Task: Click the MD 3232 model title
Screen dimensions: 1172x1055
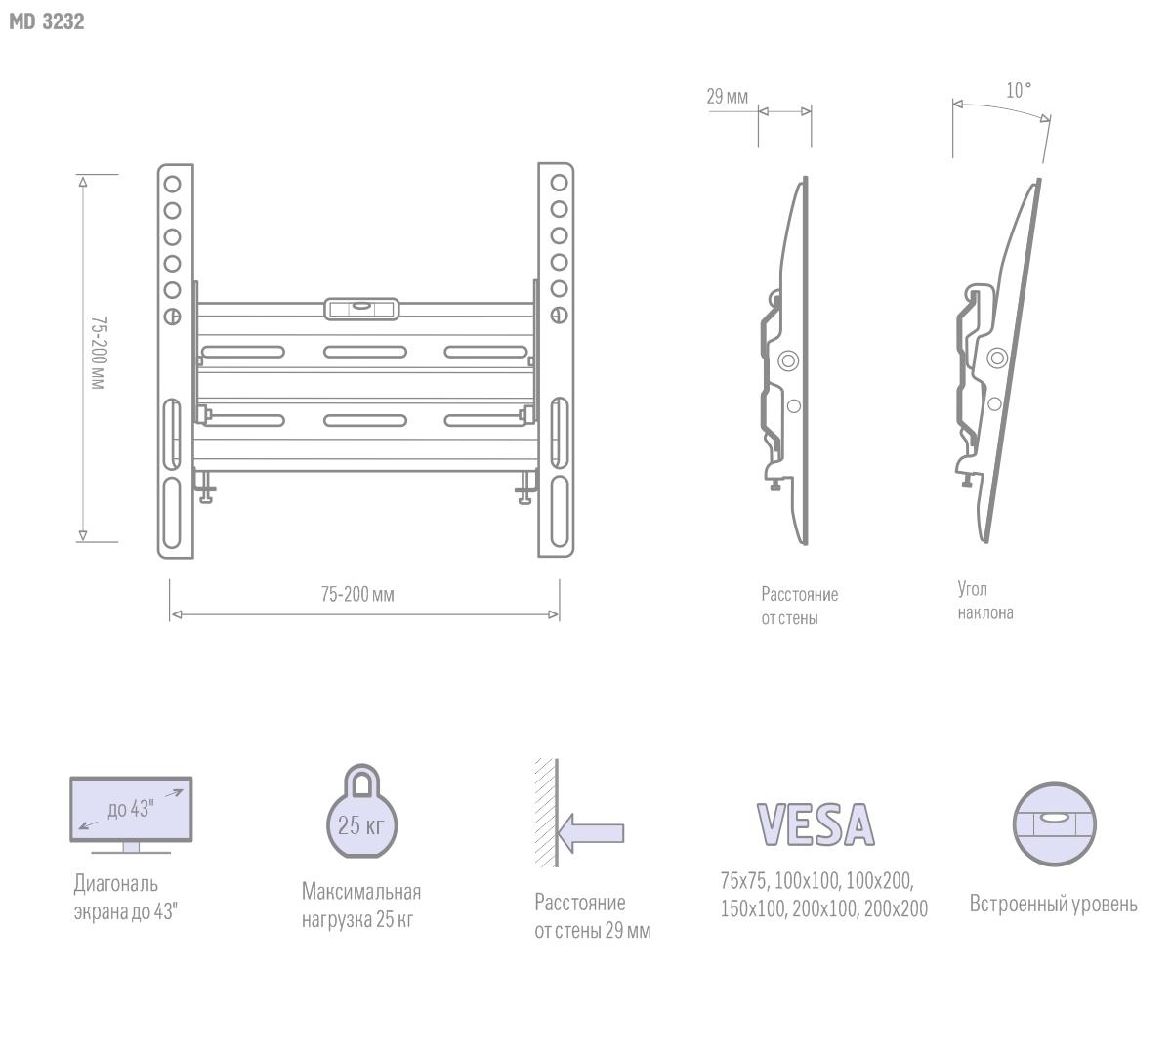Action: [x=47, y=21]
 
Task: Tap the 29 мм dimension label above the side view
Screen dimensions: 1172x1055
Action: [x=727, y=96]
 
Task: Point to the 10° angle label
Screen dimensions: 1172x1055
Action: [x=1019, y=90]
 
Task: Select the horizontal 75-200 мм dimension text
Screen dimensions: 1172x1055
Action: [x=357, y=595]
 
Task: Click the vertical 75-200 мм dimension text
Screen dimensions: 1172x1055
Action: [x=98, y=353]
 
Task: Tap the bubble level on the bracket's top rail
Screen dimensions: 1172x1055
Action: [x=361, y=309]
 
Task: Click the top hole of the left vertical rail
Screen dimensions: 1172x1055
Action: [x=172, y=184]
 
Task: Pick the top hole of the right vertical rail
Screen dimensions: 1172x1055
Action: [x=559, y=183]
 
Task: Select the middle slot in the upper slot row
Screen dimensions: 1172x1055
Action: [x=365, y=352]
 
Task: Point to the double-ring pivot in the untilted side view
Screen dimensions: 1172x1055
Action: [x=788, y=360]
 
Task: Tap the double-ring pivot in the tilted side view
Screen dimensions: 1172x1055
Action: [x=997, y=358]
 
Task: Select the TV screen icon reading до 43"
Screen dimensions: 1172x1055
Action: [x=131, y=815]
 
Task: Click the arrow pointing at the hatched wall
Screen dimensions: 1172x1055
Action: [x=591, y=833]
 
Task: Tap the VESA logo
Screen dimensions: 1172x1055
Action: [x=816, y=824]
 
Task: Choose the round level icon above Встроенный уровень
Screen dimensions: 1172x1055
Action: [x=1054, y=824]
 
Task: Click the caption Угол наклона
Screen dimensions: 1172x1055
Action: [x=985, y=601]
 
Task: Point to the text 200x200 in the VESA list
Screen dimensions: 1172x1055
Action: [x=896, y=908]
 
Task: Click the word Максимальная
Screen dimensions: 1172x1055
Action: [x=361, y=891]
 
